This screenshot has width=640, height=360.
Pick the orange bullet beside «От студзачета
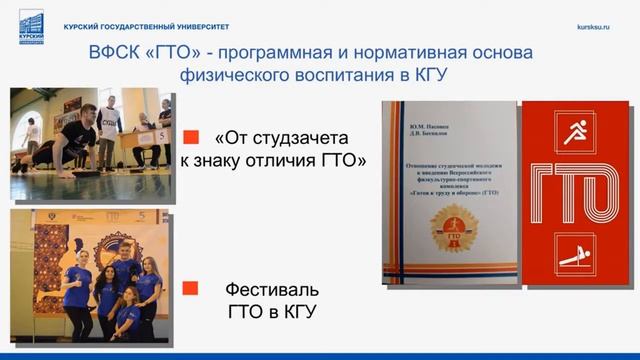coord(193,138)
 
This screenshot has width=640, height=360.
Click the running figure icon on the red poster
coord(574,133)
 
